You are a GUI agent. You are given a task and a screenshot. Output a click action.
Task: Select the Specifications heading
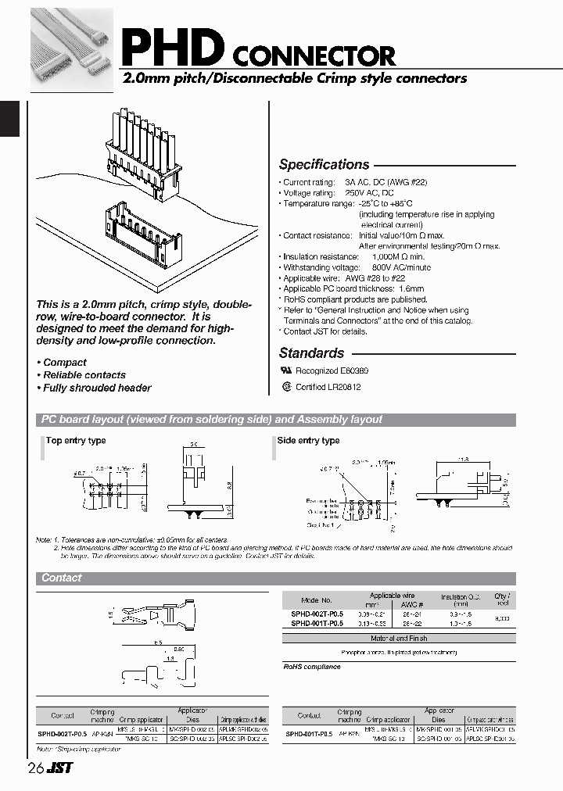(324, 165)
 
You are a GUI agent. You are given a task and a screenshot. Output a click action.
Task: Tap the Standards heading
(311, 353)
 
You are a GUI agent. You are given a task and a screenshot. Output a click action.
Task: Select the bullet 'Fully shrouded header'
(97, 388)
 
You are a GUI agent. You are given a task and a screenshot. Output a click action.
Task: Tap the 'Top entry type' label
(76, 441)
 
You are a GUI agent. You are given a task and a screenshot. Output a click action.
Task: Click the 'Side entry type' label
(309, 441)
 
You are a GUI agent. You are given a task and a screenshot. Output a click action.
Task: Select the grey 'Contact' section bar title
(62, 578)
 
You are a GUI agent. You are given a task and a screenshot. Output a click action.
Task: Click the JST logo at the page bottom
(59, 768)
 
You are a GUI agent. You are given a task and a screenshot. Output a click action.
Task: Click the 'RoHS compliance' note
(312, 667)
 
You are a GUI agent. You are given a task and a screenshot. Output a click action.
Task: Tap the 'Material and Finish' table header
(398, 639)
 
